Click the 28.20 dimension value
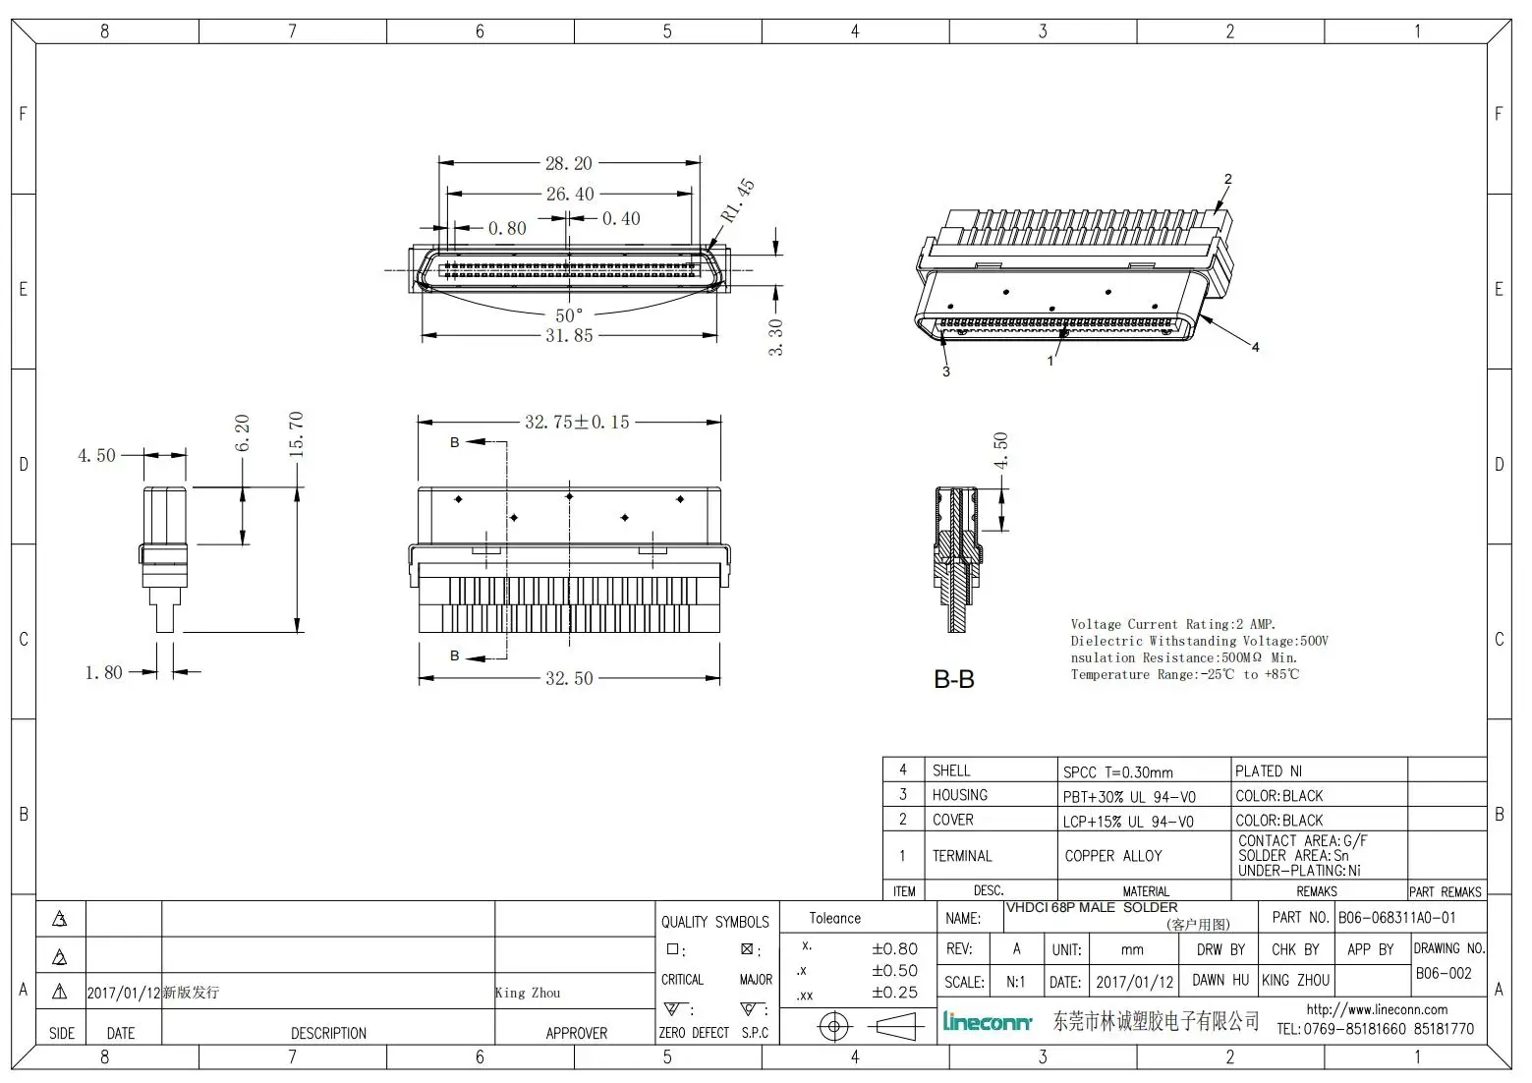569,163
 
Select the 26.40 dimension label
570,194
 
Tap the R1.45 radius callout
737,199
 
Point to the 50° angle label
569,315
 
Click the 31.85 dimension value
569,336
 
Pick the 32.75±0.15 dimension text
577,422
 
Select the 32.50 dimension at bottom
569,678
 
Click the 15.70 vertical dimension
296,433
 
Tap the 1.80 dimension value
103,672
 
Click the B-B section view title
953,679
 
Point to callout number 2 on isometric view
1227,179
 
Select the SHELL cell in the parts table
951,770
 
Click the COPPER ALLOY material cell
1113,856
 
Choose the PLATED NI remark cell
1268,770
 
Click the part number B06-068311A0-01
1396,917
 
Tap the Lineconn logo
988,1022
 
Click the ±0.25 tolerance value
894,993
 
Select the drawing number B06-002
1443,973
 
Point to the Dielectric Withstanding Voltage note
1199,641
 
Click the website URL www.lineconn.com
1376,1009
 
